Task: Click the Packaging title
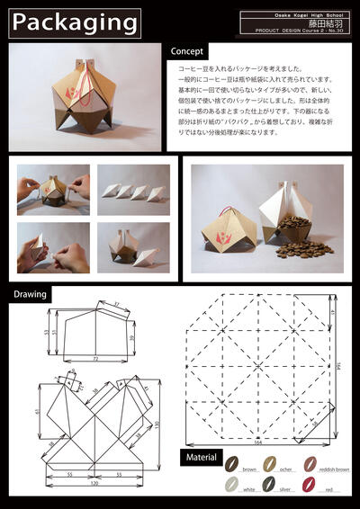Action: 75,22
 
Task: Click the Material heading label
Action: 201,458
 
